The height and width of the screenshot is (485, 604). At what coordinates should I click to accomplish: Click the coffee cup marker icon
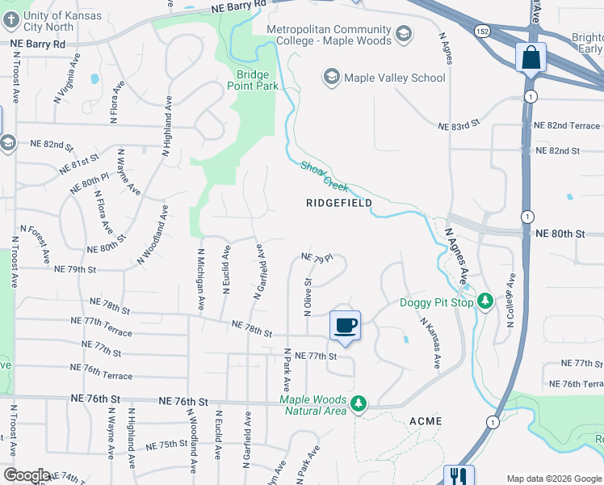point(345,325)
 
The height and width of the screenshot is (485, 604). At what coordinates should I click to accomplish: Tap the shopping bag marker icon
point(531,57)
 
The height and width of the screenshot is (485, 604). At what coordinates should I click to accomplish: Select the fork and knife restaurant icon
point(459,475)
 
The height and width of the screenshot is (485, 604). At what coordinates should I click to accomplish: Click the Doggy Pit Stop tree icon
point(484,302)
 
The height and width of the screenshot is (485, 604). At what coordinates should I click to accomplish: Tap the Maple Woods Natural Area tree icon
point(359,402)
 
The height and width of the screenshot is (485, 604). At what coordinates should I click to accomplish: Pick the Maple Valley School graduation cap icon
point(331,78)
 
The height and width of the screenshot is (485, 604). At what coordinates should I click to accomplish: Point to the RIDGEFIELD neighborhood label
point(339,203)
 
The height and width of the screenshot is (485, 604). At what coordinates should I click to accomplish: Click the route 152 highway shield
point(482,31)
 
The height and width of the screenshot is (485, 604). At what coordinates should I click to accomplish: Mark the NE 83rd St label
point(459,127)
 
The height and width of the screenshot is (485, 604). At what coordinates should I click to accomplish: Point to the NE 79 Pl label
point(317,258)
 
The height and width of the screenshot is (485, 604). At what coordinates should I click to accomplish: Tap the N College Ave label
point(510,300)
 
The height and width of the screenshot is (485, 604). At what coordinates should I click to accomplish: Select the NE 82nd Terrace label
point(567,126)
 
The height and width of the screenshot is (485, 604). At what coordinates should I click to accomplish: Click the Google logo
point(27,475)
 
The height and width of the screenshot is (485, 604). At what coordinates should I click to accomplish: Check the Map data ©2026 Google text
point(554,479)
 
